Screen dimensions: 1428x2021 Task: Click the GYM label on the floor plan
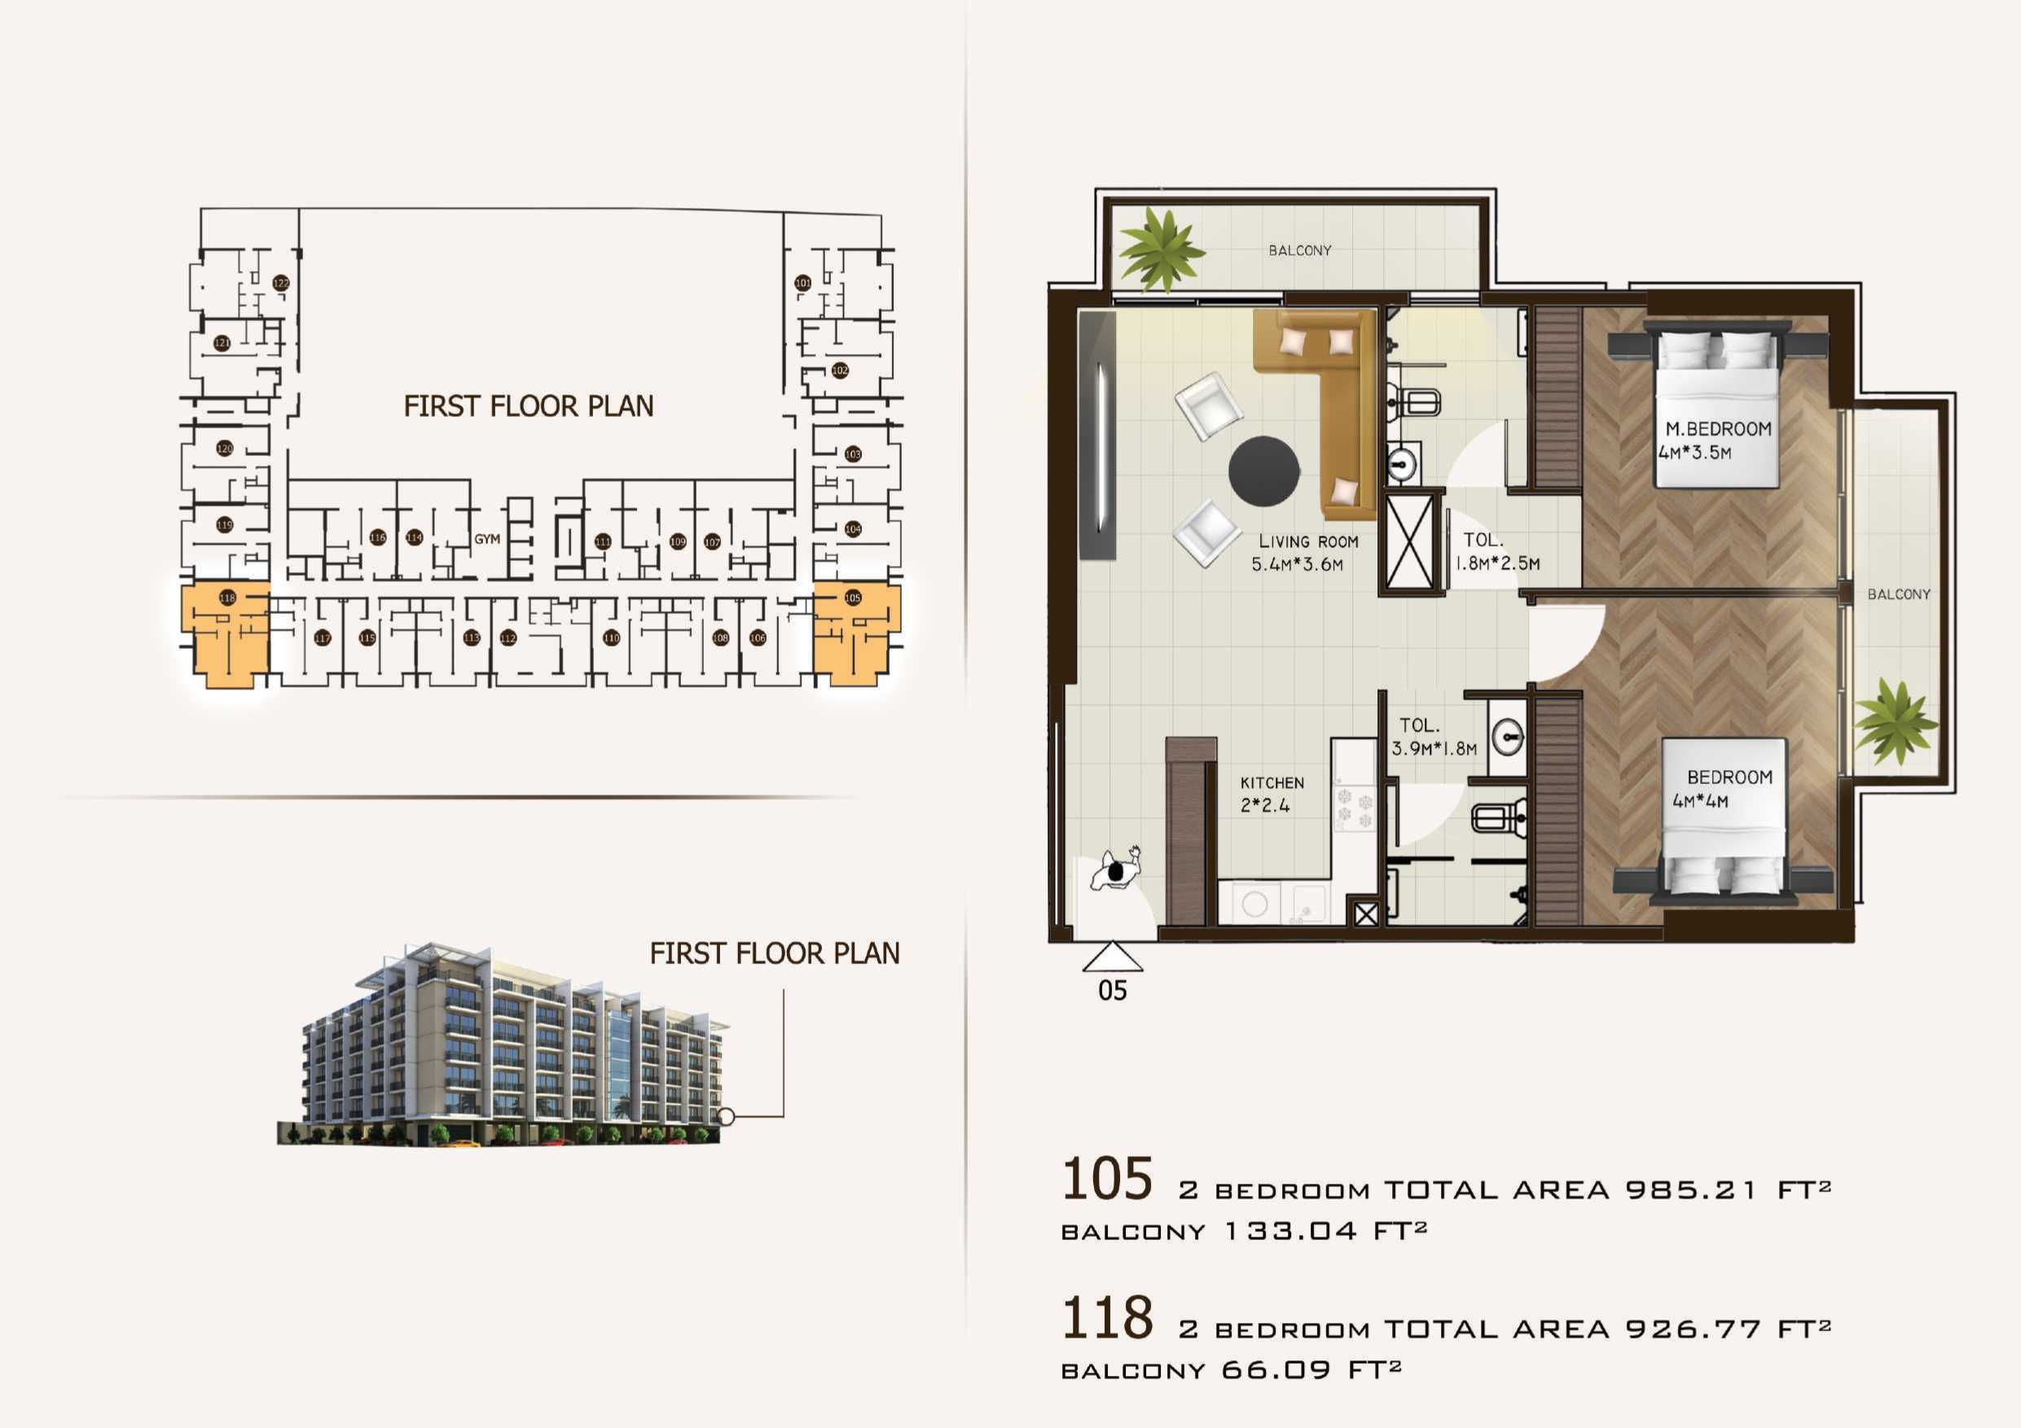(x=487, y=539)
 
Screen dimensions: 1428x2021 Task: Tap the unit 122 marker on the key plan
(x=281, y=283)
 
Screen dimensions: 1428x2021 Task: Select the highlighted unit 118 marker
(x=227, y=598)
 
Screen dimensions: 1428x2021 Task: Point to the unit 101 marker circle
(x=802, y=283)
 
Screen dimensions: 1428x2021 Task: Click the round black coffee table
(x=1264, y=471)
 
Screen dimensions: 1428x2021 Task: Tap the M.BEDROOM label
(x=1717, y=429)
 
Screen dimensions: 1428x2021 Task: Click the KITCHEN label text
(x=1272, y=783)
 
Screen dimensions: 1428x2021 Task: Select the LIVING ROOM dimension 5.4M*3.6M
(x=1297, y=565)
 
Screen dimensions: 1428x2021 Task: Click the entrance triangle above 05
(x=1112, y=957)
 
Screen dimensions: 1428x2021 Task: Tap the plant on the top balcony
(x=1162, y=249)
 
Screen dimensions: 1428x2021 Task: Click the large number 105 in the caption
(x=1106, y=1179)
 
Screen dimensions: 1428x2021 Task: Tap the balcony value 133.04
(x=1290, y=1231)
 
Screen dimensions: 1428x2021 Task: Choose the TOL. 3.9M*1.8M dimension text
(x=1434, y=749)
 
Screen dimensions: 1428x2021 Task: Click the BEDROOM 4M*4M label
(x=1729, y=778)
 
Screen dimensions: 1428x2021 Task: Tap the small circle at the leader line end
(x=726, y=1116)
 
